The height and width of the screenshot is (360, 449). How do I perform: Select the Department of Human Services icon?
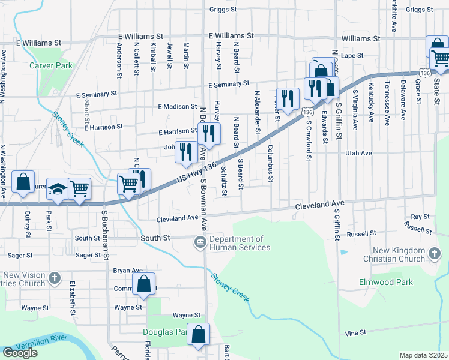click(199, 242)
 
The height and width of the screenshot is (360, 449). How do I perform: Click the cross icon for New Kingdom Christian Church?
click(435, 254)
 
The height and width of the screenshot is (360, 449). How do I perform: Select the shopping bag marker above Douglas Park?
click(199, 335)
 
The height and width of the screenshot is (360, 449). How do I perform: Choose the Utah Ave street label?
click(360, 153)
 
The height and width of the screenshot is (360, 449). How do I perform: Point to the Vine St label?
click(355, 333)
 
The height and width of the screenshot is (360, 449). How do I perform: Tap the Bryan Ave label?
click(128, 271)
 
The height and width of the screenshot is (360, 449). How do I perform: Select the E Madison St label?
click(178, 106)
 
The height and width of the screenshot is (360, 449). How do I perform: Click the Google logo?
click(20, 353)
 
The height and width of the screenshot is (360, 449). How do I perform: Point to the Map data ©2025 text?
click(423, 355)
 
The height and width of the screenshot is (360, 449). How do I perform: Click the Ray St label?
click(420, 217)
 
